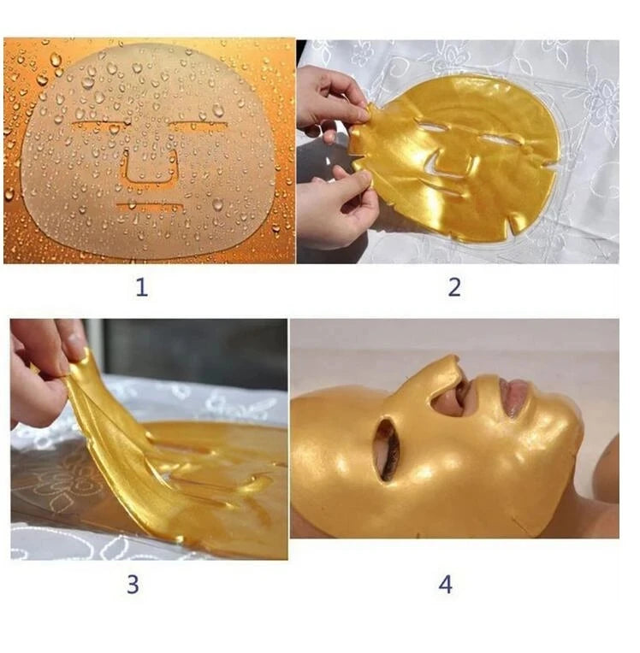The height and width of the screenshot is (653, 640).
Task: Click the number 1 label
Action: [142, 287]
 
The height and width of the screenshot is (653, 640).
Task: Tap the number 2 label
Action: [454, 287]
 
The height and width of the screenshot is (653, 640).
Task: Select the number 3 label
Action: [133, 585]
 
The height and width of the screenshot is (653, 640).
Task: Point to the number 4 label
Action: [445, 585]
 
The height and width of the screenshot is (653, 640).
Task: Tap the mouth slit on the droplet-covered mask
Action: [149, 206]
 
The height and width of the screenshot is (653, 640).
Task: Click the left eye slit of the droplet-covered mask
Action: [99, 124]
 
